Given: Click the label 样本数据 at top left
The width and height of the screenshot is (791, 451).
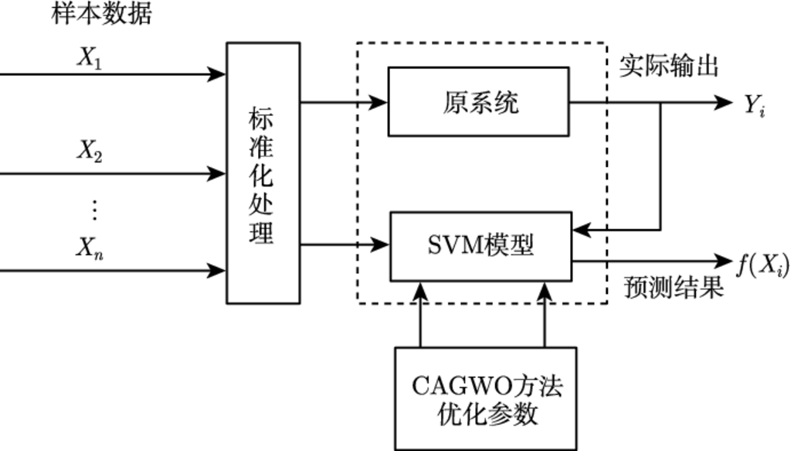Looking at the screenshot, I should tap(101, 15).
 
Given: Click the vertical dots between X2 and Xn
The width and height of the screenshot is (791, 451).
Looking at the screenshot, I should tap(93, 209).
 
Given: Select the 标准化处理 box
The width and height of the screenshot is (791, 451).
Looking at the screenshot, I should tap(263, 173).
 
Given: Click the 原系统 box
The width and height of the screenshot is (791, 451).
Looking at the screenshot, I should tap(478, 101).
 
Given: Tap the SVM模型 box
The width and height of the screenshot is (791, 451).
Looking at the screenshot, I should tap(480, 245).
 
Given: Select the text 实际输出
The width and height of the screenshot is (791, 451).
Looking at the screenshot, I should tap(669, 67).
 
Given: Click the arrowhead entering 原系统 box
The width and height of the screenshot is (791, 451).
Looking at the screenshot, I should tap(381, 101).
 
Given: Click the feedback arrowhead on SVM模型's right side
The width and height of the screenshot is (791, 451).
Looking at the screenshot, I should tap(581, 230).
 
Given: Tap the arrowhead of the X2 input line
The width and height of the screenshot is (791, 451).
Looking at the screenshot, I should tap(218, 173).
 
